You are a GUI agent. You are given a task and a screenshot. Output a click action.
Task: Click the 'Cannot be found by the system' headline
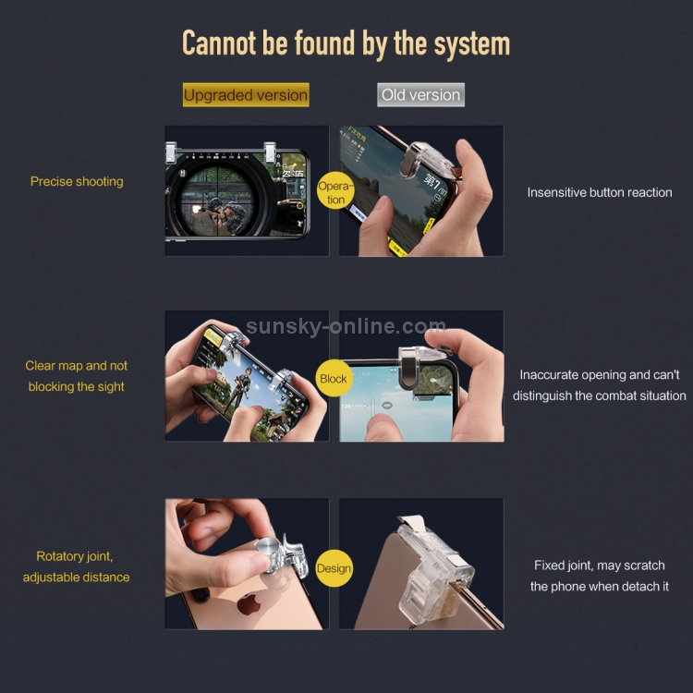pos(346,43)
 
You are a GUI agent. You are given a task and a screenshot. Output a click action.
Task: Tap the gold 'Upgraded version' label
pos(246,94)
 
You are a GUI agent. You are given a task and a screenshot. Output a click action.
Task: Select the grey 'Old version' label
pos(420,94)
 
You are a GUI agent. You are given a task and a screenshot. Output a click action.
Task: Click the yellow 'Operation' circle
pos(336,191)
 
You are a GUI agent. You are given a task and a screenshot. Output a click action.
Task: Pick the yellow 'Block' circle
pos(334,378)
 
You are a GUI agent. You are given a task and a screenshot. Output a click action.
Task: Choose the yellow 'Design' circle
pos(334,568)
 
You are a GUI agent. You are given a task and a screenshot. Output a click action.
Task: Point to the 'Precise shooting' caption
pos(77,182)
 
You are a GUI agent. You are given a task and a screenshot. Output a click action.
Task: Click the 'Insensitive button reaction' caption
pos(600,192)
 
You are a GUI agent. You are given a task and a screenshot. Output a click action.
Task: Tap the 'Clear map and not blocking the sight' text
pos(76,376)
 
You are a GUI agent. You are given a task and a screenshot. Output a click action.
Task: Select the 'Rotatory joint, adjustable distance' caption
pos(76,566)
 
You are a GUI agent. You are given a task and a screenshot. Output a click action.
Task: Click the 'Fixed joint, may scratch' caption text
pos(600,565)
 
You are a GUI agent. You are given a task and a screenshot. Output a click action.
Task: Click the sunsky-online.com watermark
pos(346,326)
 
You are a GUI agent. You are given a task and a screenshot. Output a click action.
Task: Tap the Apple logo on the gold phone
pos(249,603)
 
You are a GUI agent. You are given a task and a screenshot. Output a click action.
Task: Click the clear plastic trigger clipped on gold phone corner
pos(435,571)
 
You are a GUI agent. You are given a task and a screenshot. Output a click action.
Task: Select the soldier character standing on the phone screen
pos(237,391)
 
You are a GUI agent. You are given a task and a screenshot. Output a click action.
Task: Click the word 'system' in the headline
pos(472,44)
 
